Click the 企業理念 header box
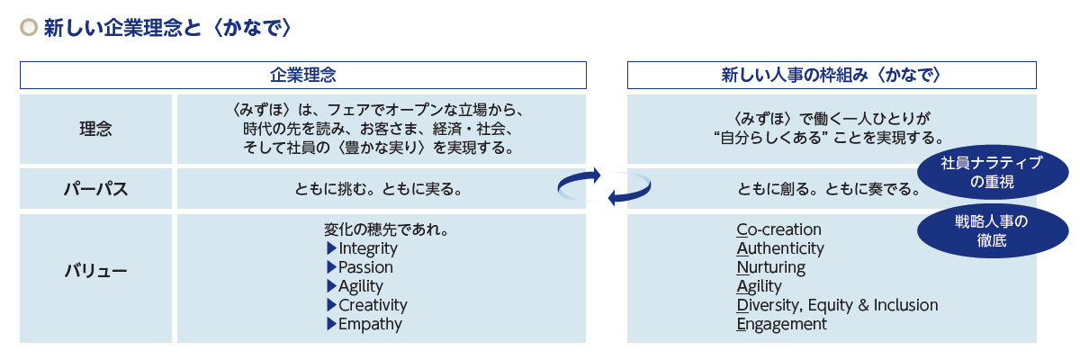[303, 75]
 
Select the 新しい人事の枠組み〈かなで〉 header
[831, 75]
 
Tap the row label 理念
[95, 129]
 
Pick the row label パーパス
[95, 190]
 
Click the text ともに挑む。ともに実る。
[379, 190]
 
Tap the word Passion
[365, 267]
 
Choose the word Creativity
[373, 305]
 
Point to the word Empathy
[370, 324]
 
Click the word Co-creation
[778, 229]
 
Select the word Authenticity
[779, 248]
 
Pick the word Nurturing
[770, 267]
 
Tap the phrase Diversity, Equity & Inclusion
[837, 305]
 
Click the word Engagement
[780, 324]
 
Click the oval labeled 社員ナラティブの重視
[991, 172]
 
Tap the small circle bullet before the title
[29, 29]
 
